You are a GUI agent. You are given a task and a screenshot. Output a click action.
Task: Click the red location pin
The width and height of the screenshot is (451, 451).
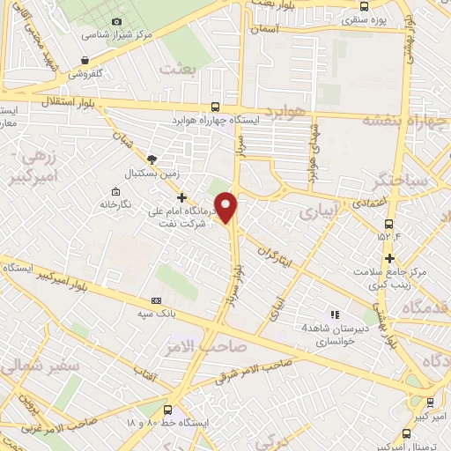227,207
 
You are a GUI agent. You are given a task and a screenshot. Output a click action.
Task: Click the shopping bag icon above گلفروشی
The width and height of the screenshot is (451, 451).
85,60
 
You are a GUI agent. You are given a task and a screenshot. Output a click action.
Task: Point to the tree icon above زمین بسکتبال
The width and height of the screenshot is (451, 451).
152,159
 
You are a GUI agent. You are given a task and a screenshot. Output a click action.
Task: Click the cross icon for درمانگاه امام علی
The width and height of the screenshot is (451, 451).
182,196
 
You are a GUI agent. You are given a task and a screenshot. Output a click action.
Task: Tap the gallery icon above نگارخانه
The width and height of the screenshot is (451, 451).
115,191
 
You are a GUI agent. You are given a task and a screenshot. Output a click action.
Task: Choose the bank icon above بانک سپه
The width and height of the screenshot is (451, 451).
158,299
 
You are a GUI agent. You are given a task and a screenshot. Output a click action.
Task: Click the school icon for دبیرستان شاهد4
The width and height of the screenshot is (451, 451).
333,314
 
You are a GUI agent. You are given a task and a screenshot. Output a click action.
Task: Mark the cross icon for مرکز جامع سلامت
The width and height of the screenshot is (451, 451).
390,256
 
